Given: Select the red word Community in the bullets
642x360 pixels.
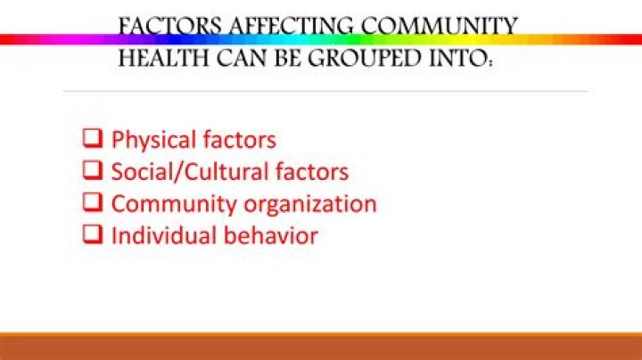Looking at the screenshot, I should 178,203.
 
